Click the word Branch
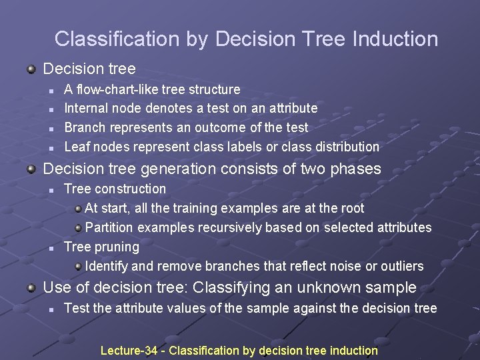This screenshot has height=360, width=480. (85, 127)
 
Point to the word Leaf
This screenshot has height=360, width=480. (76, 147)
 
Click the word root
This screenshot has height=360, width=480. (352, 209)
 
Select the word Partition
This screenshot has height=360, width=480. (109, 228)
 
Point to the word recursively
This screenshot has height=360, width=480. (230, 228)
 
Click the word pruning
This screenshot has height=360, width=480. (115, 247)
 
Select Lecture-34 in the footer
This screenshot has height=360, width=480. (129, 351)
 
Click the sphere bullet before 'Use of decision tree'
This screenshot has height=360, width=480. (31, 288)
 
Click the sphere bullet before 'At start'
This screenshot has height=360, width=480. (78, 209)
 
